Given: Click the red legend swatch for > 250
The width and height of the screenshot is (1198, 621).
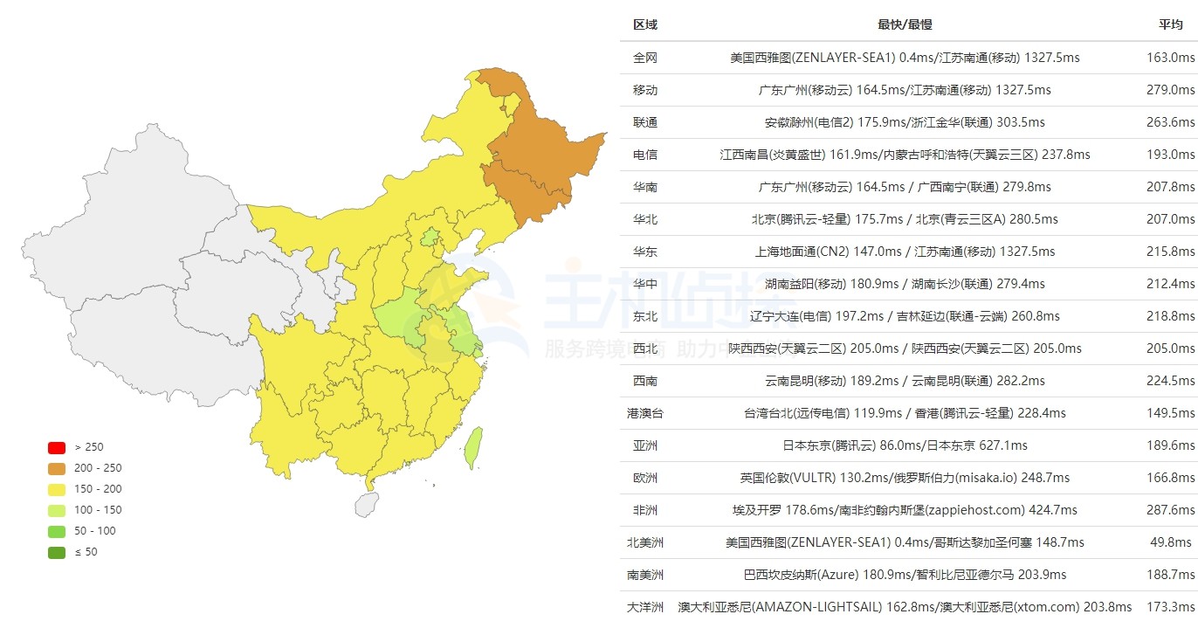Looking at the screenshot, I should pos(57,447).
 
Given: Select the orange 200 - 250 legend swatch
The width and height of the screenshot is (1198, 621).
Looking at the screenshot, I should pos(57,468).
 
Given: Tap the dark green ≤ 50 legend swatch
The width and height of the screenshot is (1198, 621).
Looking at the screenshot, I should pos(57,552).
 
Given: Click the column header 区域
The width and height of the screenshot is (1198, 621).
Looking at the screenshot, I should pos(645,24).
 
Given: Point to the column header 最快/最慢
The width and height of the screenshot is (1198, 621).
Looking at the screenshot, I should pos(905,24).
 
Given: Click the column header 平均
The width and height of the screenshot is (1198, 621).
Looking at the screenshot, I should pos(1171,24).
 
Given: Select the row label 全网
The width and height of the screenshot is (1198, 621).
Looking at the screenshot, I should pos(645,58).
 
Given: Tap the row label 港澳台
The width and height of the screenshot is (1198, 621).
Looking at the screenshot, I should pos(645,413).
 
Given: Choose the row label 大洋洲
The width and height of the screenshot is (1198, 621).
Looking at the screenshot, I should pos(645,607).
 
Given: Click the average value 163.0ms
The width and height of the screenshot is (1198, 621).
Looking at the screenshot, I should pos(1170,58).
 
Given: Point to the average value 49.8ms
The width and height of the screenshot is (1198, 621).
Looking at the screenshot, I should pos(1173,542).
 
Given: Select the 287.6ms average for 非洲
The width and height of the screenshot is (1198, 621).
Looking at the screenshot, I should pos(1170,510).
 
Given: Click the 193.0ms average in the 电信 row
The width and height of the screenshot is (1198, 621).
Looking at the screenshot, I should pos(1170,155).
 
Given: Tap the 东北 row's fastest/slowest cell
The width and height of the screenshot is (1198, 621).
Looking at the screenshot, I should pos(905,316).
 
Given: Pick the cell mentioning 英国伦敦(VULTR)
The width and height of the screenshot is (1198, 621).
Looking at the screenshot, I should pos(905,478).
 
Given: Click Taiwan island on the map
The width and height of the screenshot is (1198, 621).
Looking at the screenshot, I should pos(472,446).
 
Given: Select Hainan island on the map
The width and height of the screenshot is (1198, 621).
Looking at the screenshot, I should pos(368,504).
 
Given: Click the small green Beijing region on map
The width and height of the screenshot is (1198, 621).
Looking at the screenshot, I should pos(430,237).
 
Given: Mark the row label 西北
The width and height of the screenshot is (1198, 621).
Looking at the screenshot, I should pos(645,348).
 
